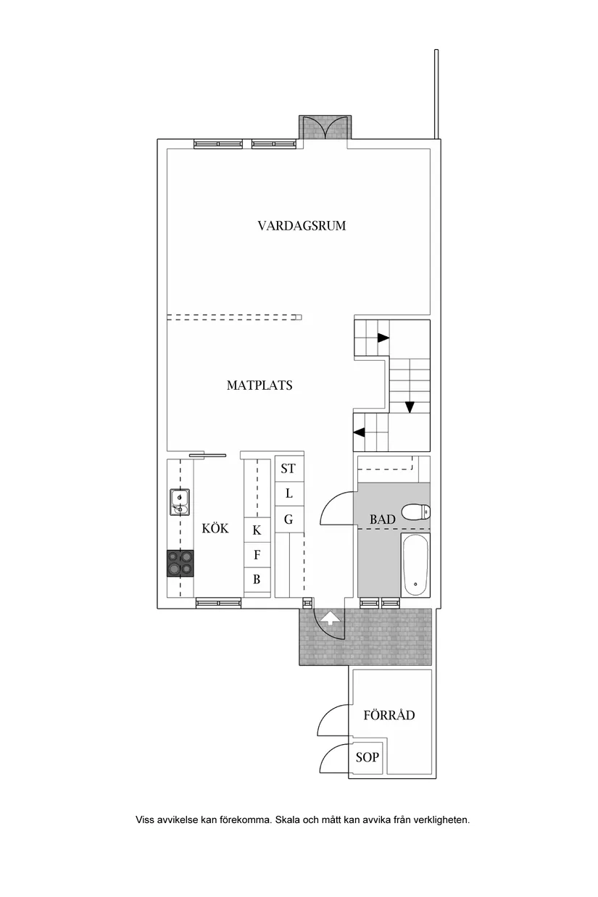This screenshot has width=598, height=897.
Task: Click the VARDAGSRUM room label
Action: pos(302,225)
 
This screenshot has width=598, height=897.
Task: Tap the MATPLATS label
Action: pos(259,385)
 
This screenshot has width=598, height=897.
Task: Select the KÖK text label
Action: pos(215,529)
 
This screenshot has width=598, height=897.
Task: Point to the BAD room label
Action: pos(382,520)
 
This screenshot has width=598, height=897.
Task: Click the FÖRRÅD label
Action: pos(389,715)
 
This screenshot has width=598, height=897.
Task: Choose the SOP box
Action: pos(366,758)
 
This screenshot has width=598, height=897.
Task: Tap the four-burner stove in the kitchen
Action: pos(180,563)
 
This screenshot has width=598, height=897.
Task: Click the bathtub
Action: pos(415,564)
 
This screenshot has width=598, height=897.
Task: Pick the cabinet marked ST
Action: pos(288,469)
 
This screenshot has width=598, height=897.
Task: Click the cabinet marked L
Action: pos(288,494)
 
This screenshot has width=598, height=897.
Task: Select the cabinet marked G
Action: pos(288,520)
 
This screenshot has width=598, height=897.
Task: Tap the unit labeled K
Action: pos(257,530)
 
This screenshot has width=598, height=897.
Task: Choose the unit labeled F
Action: pos(257,555)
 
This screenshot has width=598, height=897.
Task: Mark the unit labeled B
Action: pos(257,580)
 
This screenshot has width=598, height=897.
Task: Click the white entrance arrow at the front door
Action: pos(330,618)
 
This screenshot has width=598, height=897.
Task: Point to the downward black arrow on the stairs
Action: pos(410,406)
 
